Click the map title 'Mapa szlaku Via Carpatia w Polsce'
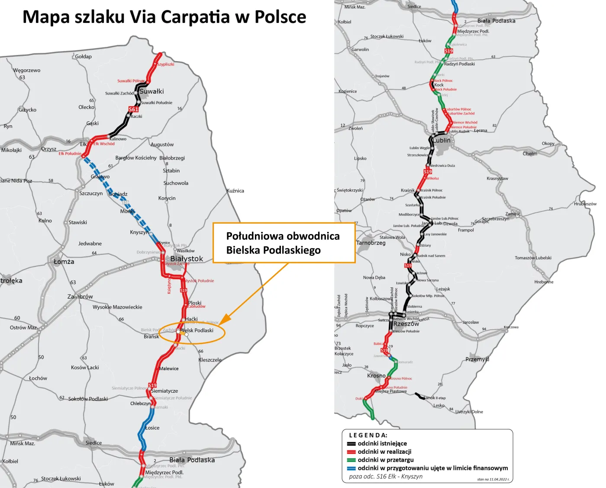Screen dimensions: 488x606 tap(164, 17)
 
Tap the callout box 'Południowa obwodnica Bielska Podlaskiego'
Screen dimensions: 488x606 tap(284, 243)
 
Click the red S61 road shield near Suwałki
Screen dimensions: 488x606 tap(133, 109)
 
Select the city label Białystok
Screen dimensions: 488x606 tap(187, 259)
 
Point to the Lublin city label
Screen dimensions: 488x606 tap(442, 140)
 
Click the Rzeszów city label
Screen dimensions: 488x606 tap(406, 324)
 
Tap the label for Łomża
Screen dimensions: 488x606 tap(64, 262)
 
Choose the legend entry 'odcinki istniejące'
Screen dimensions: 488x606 tap(382, 443)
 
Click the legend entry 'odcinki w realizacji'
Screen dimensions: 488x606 tap(384, 452)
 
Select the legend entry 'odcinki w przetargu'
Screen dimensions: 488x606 tap(385, 460)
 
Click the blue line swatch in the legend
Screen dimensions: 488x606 tap(351, 468)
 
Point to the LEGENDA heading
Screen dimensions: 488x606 tap(368, 435)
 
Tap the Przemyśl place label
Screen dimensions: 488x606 tap(477, 359)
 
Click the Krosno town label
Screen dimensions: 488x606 tap(376, 376)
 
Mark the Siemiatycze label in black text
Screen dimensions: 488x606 tap(164, 391)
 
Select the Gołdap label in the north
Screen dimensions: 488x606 tap(83, 56)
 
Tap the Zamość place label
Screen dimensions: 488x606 tap(513, 214)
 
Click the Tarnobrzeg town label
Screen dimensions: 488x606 tap(371, 243)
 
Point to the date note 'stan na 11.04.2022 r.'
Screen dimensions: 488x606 tap(493, 479)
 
